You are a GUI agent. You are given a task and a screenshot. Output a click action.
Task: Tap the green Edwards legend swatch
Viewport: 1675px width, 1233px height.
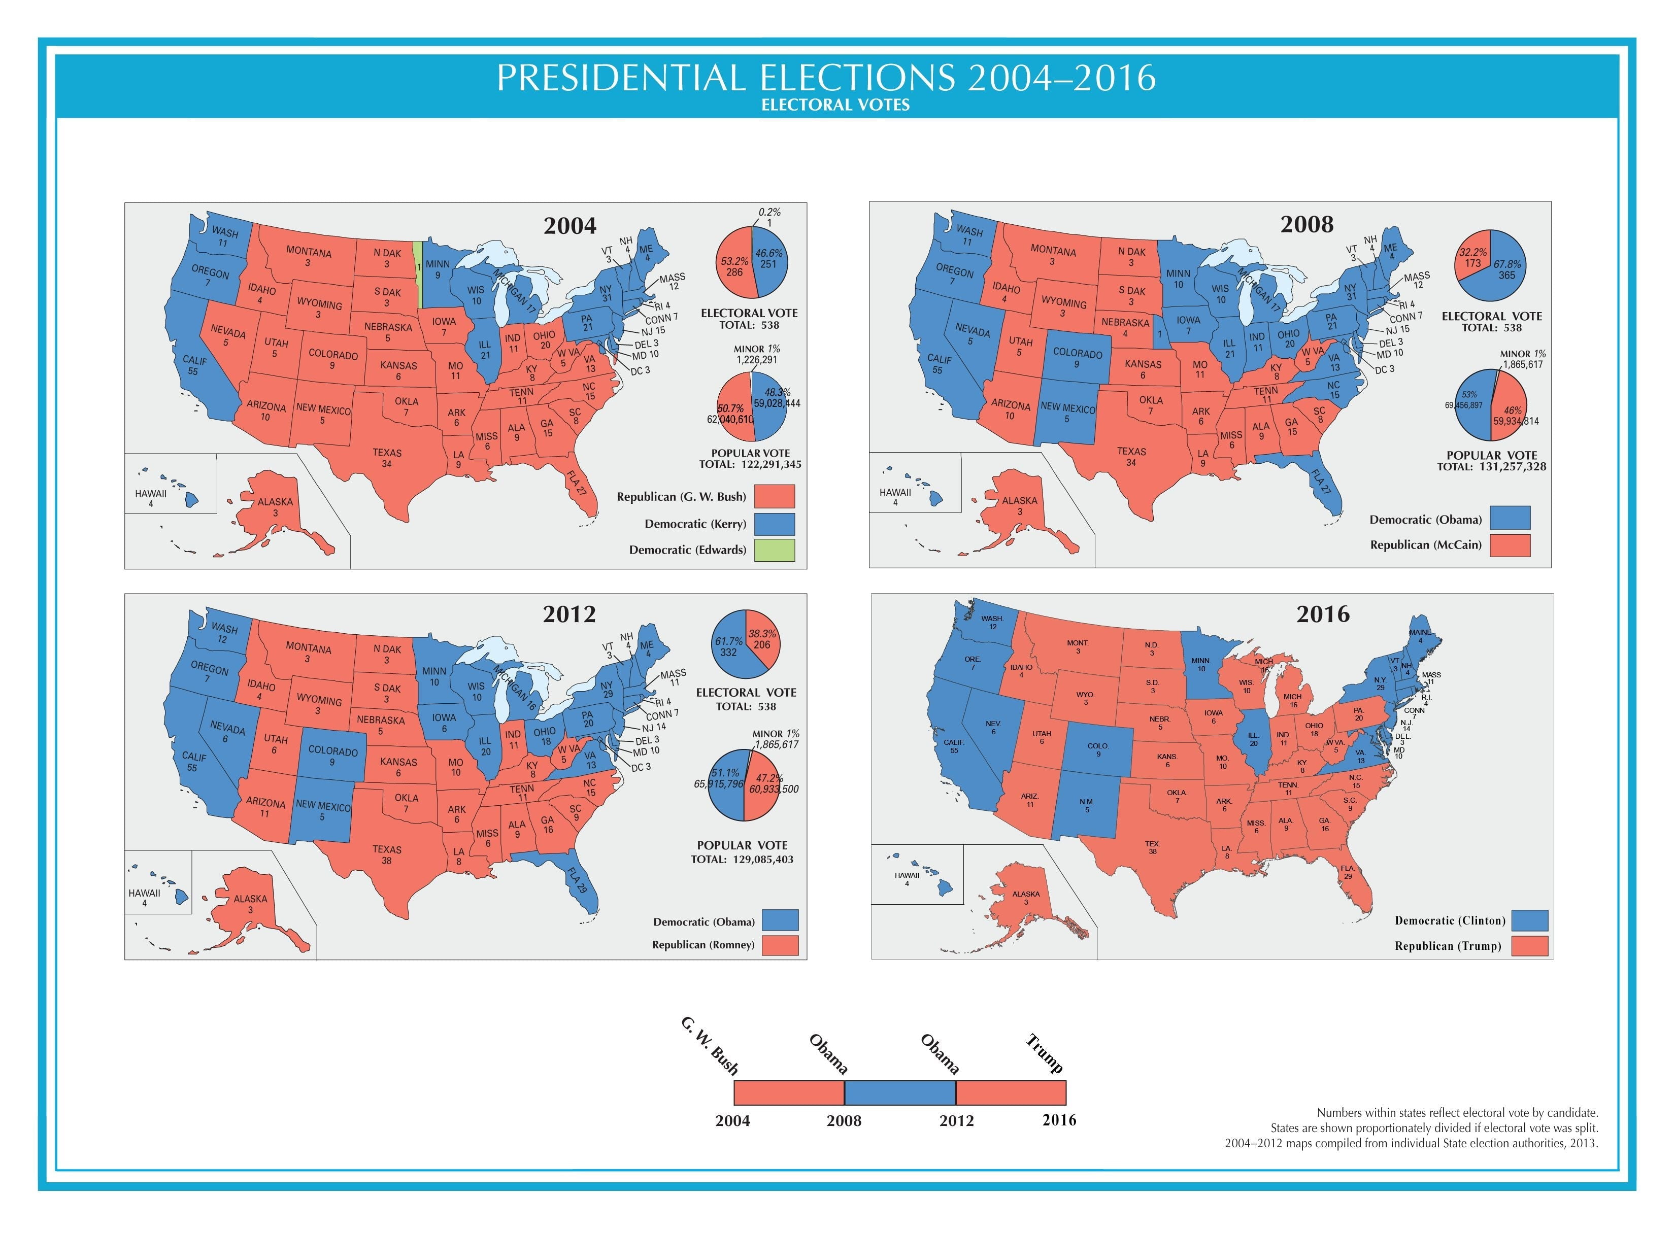click(774, 550)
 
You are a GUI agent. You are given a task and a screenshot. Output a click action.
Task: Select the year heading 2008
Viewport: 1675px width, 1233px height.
click(1306, 224)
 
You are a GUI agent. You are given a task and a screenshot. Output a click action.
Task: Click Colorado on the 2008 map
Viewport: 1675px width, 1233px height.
click(1077, 358)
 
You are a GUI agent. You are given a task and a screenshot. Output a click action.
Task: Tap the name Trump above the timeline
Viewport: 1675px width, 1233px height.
click(1044, 1052)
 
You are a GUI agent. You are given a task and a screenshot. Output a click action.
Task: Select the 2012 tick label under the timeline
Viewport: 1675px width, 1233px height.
click(956, 1120)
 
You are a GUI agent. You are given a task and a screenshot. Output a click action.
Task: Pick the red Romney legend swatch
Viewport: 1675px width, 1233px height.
click(780, 945)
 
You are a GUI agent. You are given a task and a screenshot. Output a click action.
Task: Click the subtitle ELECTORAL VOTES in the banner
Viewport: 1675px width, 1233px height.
click(835, 105)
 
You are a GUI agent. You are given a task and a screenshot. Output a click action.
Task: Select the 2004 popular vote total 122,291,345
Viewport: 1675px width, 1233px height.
click(750, 464)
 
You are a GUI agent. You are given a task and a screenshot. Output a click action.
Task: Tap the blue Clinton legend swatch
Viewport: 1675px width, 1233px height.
click(1529, 920)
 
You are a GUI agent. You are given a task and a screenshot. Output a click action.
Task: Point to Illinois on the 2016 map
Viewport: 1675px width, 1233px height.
click(1253, 738)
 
